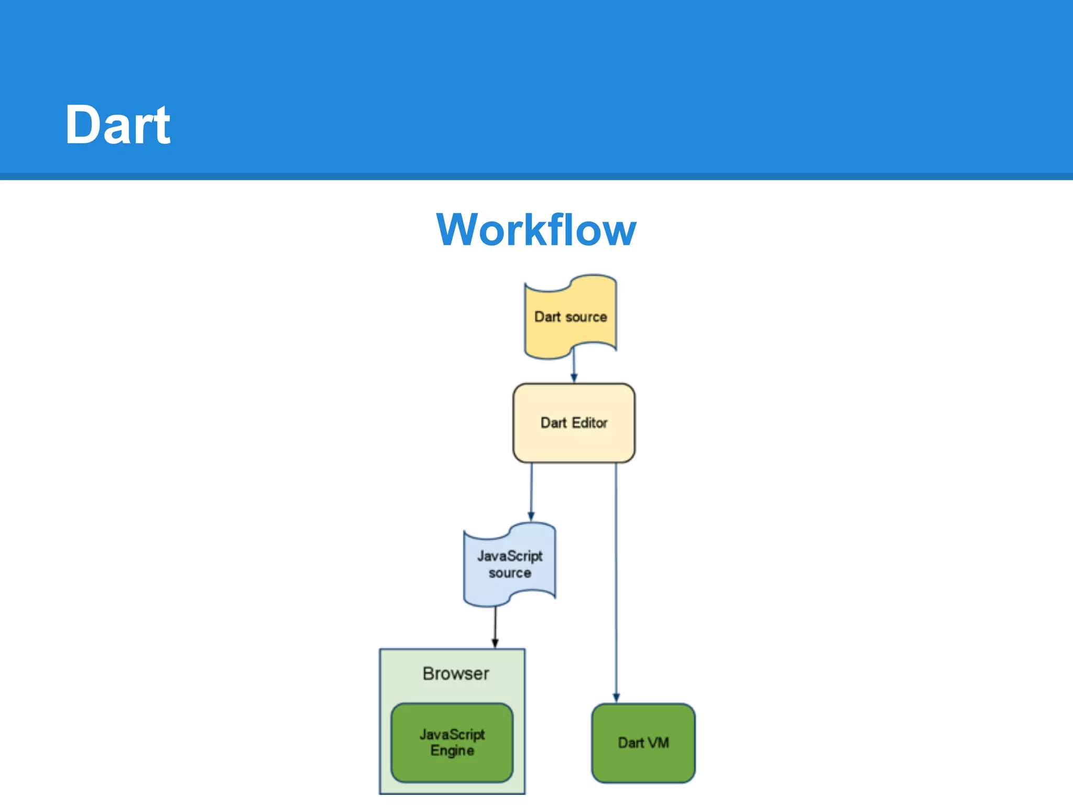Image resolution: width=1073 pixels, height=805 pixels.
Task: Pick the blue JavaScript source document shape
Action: tap(509, 587)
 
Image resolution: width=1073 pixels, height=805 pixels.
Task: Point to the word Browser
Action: tap(456, 673)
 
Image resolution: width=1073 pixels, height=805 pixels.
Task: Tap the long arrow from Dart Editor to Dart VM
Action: tap(616, 576)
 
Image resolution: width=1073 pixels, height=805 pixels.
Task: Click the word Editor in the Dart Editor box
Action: tap(589, 423)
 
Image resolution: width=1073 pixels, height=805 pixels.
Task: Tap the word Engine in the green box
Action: tap(452, 750)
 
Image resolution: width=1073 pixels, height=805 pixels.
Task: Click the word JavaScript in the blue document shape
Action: tap(509, 556)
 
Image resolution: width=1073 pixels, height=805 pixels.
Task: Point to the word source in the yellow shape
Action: tap(586, 317)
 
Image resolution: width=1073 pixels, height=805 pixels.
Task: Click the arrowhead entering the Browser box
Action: tap(495, 644)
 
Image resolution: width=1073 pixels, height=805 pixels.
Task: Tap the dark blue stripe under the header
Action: tap(536, 177)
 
